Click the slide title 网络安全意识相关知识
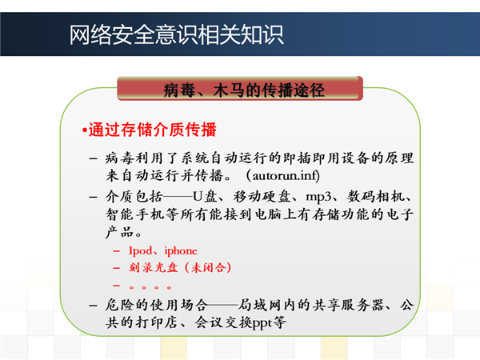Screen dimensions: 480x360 pos(176,35)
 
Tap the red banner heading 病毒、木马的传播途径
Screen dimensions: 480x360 pos(244,90)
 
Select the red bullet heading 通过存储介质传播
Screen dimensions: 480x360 pos(153,130)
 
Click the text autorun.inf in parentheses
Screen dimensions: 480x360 pos(284,176)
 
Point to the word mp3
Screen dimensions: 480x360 pos(318,197)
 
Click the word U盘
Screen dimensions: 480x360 pos(205,196)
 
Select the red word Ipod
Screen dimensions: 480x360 pos(140,250)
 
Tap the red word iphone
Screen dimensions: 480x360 pos(181,250)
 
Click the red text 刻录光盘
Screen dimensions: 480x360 pos(154,267)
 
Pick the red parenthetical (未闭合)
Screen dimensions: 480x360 pos(208,267)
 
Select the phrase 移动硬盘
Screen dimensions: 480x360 pos(262,196)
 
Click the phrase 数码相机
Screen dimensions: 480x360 pos(376,196)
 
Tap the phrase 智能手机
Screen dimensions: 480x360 pos(135,214)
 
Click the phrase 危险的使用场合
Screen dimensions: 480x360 pos(156,305)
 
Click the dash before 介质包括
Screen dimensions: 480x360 pos(93,197)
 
